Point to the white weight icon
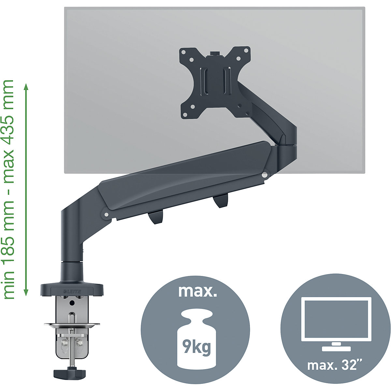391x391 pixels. [195, 339]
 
